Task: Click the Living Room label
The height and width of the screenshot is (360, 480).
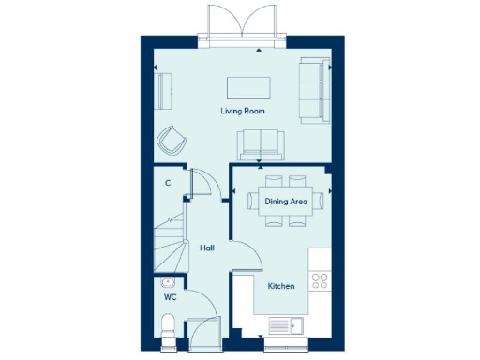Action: click(243, 112)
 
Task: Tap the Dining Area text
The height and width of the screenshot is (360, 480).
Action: click(287, 201)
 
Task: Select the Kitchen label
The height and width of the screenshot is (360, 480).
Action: click(281, 285)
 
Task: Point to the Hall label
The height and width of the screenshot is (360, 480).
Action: click(208, 247)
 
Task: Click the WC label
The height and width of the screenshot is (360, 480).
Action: click(171, 297)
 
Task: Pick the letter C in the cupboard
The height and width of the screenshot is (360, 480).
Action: click(167, 183)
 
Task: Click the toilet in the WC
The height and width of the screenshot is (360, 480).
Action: click(168, 325)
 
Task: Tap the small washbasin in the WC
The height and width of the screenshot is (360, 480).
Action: click(167, 282)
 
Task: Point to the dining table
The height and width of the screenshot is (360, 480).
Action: click(287, 201)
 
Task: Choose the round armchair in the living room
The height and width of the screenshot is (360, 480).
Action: click(172, 141)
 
